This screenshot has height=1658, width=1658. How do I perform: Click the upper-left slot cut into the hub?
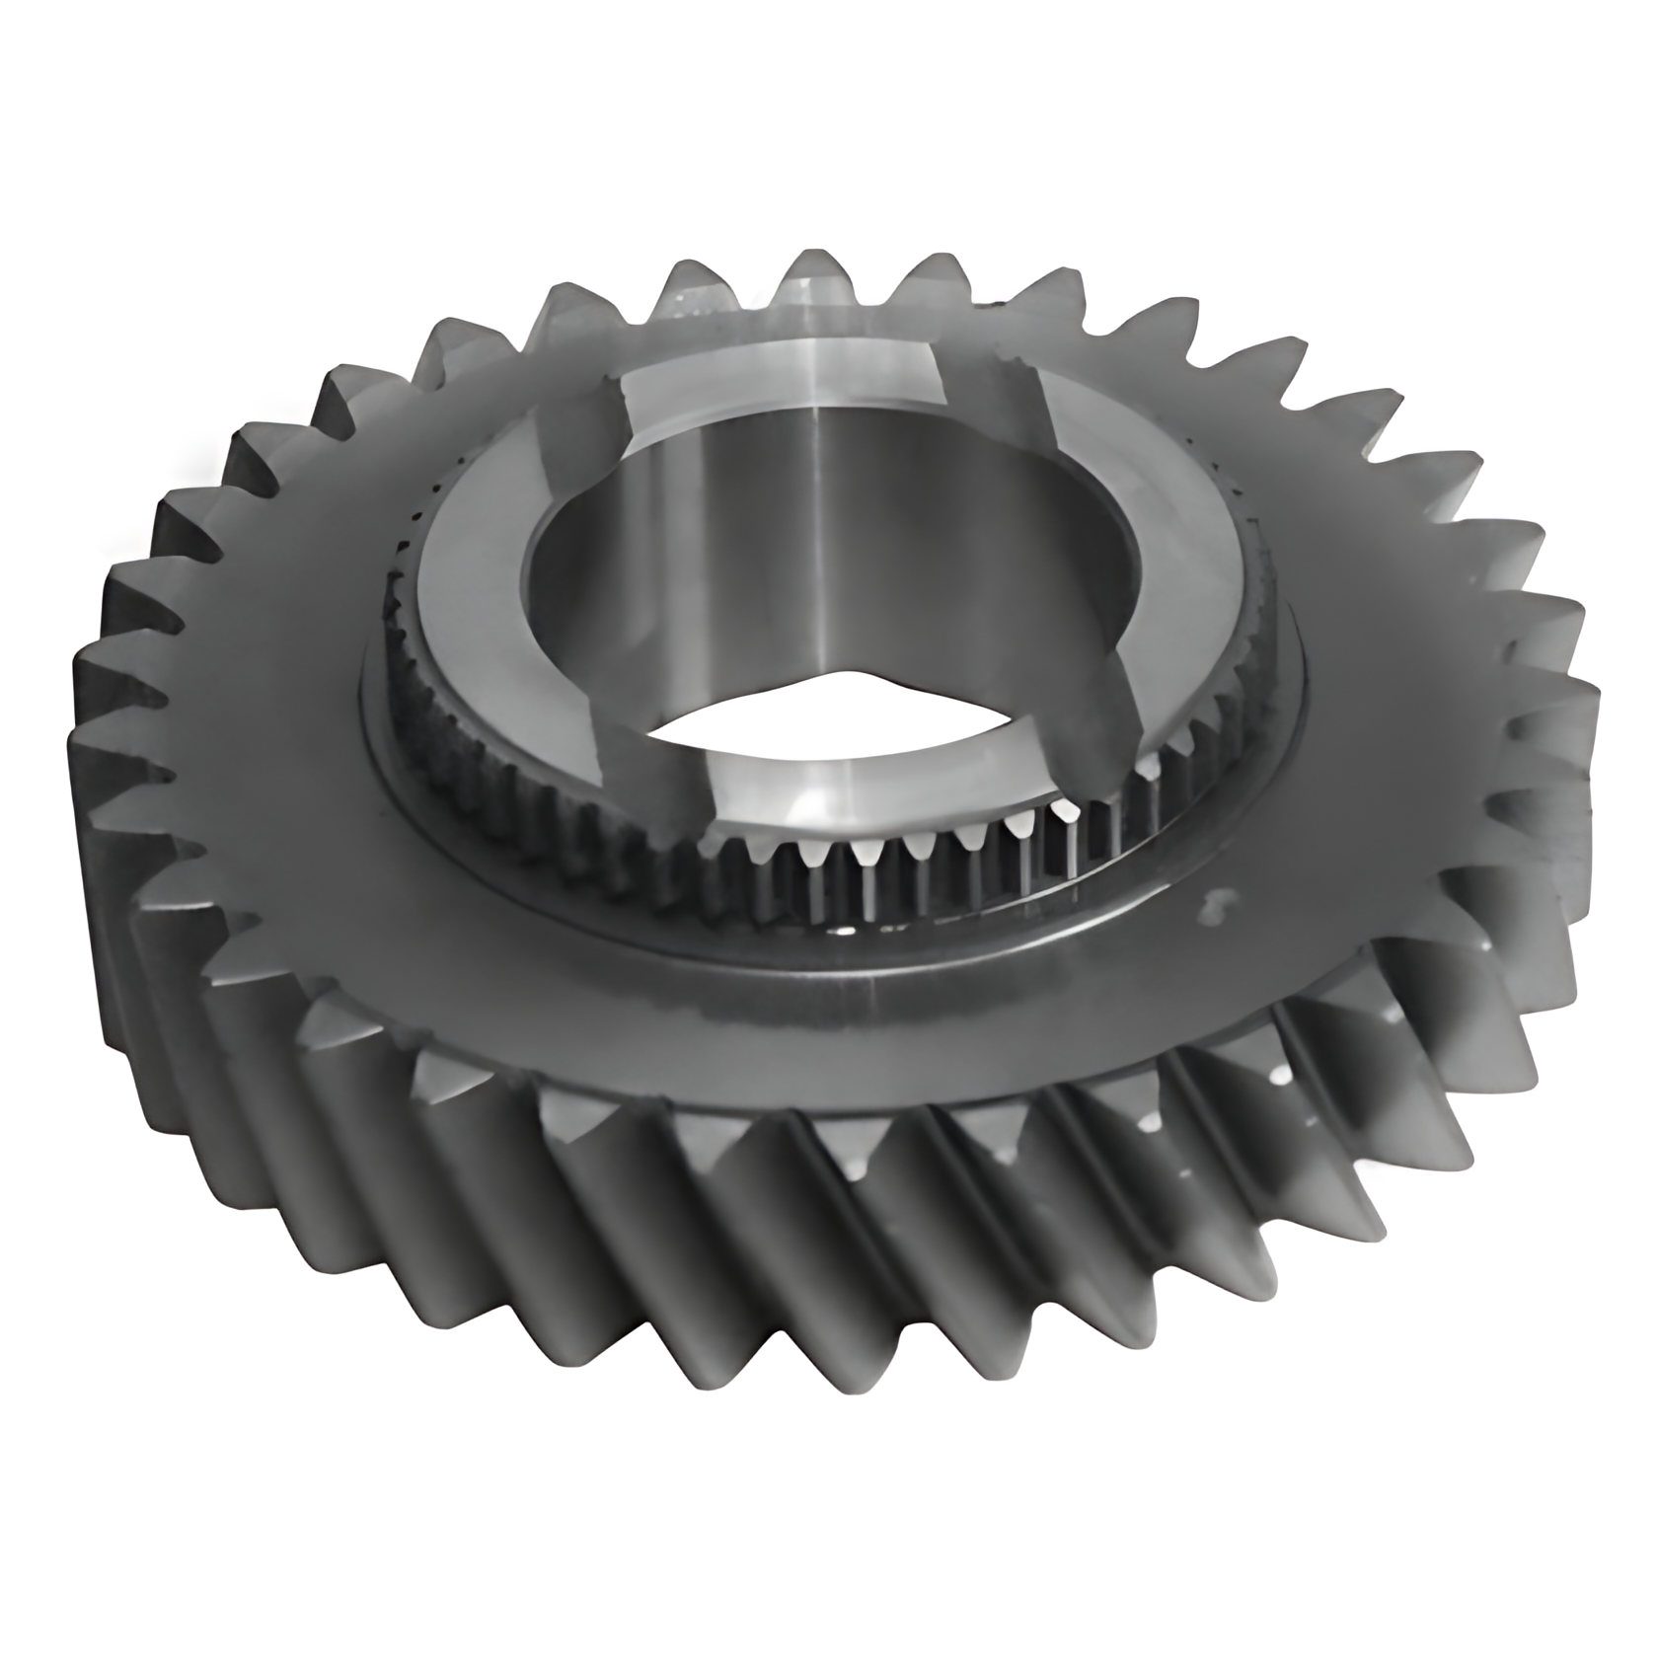[582, 414]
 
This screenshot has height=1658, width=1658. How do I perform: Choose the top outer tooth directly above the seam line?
[807, 286]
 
